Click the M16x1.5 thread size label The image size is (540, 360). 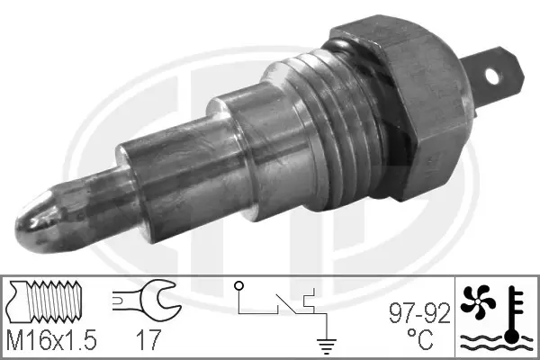(x=52, y=342)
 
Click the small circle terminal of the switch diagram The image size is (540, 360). (x=239, y=287)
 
